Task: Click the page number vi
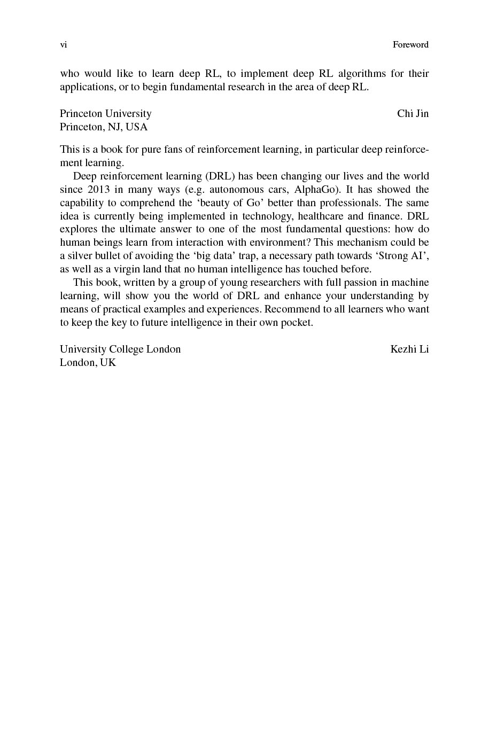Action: coord(63,45)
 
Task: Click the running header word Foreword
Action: coord(410,45)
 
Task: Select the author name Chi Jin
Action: coord(413,113)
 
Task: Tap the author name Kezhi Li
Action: coord(409,349)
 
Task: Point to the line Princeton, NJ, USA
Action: coord(104,127)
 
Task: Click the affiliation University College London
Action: coord(120,349)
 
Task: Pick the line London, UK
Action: coord(88,362)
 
